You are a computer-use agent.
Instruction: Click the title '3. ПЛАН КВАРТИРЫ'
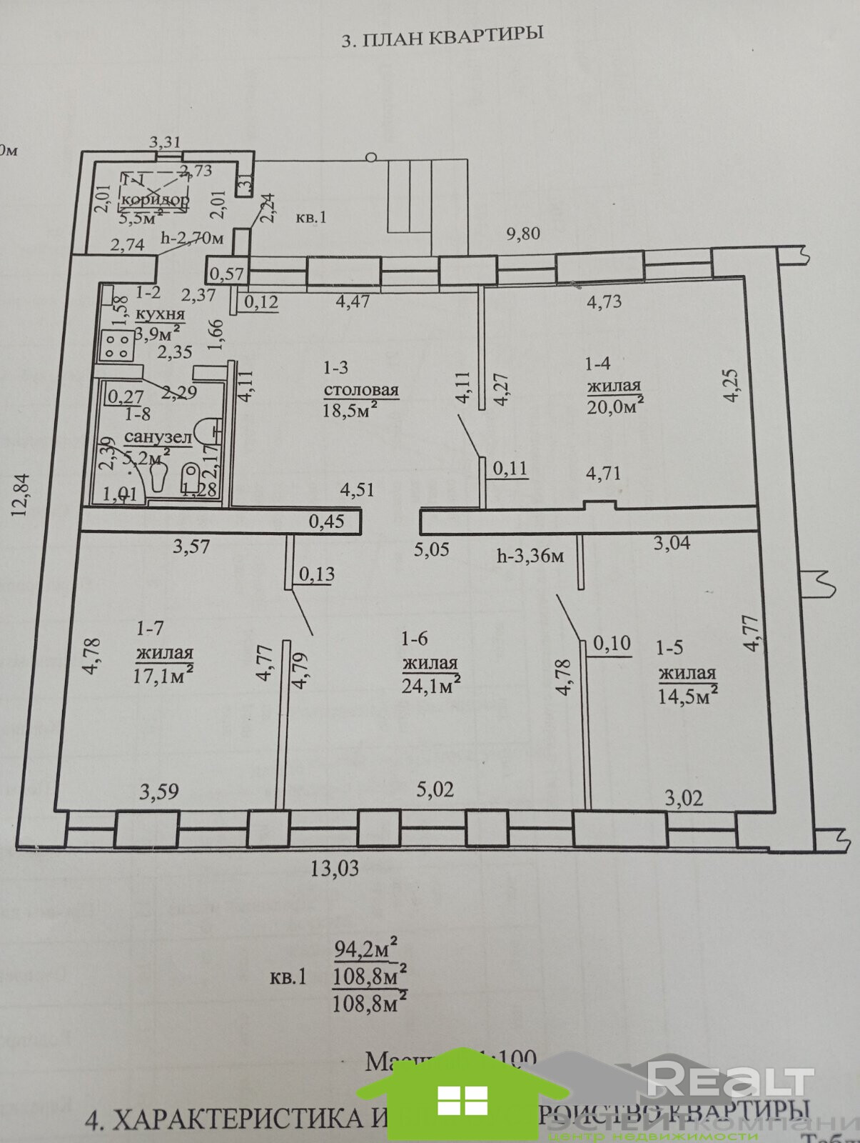point(442,36)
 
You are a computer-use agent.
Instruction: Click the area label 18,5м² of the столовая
point(350,412)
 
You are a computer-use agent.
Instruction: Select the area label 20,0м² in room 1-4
point(615,406)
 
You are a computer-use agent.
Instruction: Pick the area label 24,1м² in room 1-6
point(431,685)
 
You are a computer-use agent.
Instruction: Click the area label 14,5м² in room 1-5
point(687,695)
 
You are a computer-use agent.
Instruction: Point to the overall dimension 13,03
point(334,869)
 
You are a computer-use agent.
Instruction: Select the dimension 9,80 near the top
point(523,234)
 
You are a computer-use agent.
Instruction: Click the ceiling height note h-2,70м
point(192,239)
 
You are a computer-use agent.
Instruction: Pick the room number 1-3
point(335,368)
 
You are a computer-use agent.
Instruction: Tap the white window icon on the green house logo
point(462,1100)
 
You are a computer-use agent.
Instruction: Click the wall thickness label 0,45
point(326,521)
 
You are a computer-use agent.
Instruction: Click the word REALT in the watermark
point(729,1079)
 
